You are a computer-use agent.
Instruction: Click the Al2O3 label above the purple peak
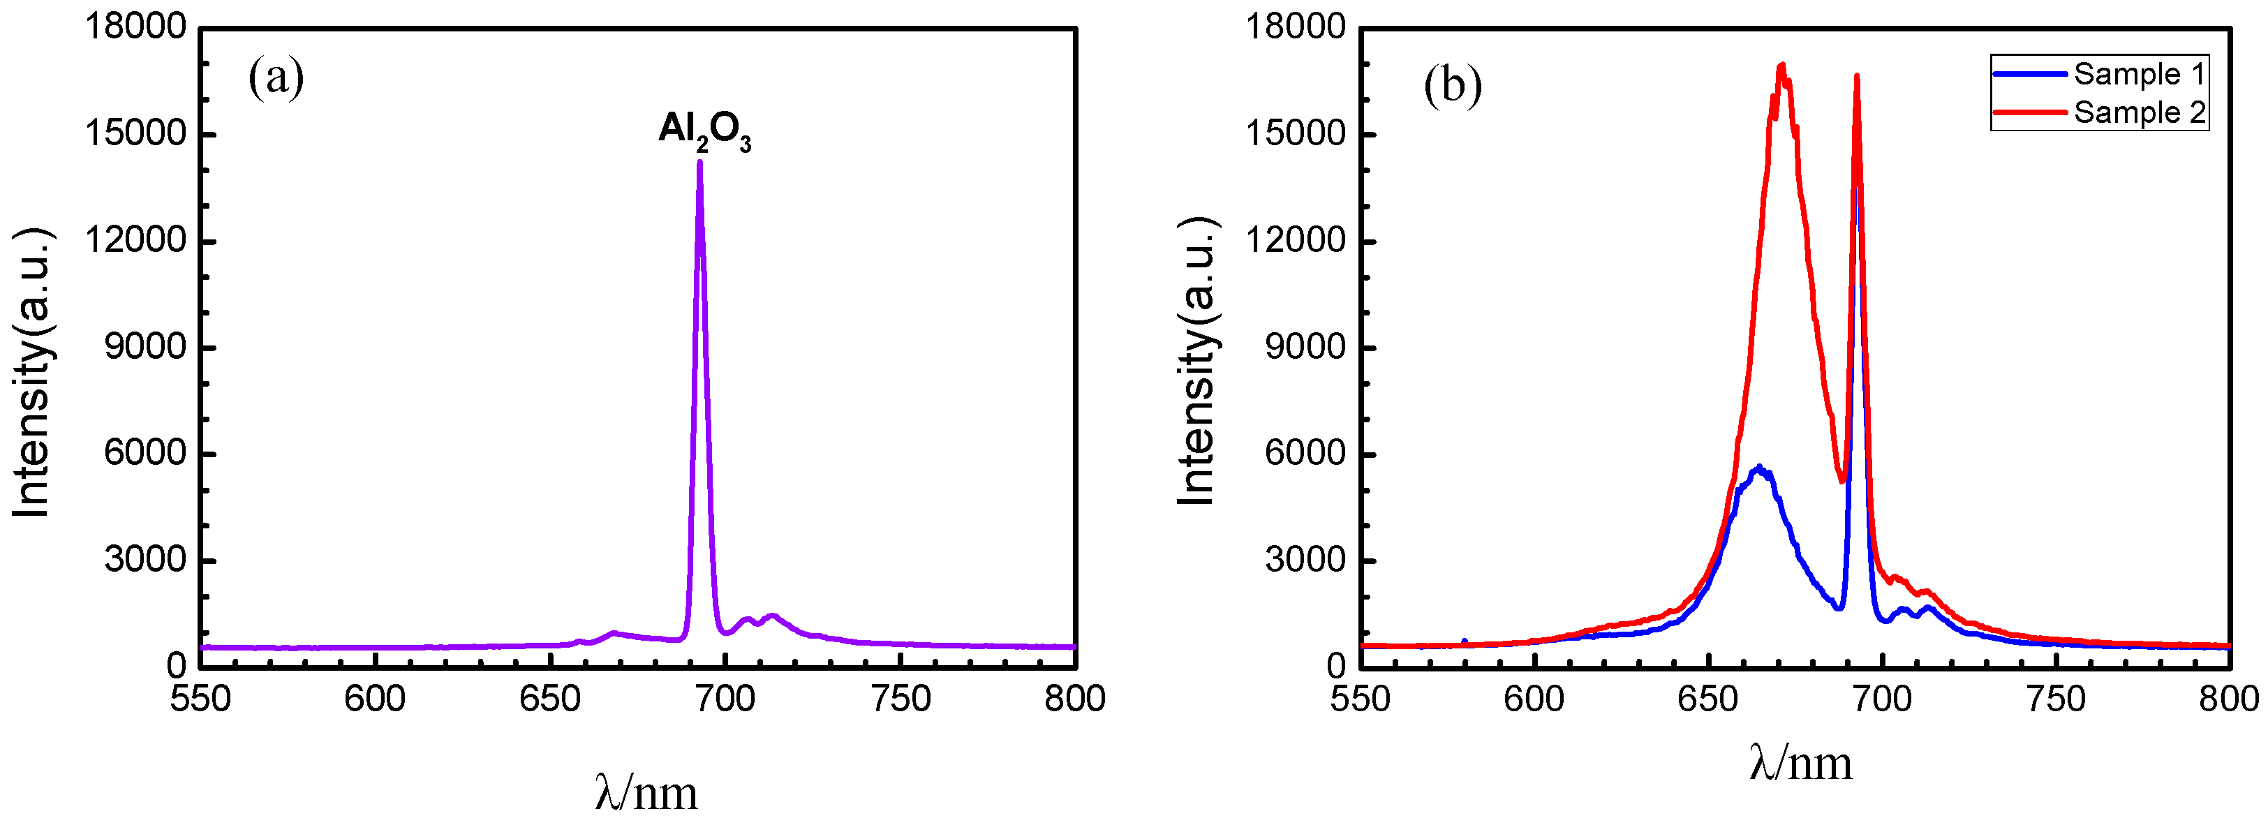[x=704, y=131]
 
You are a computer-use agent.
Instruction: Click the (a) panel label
[x=276, y=77]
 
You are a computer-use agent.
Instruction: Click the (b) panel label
[x=1452, y=85]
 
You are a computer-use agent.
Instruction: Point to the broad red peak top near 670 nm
[x=1782, y=66]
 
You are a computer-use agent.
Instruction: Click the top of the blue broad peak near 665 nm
[x=1759, y=468]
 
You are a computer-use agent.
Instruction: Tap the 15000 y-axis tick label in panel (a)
[x=135, y=134]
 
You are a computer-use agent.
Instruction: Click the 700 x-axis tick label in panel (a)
[x=725, y=699]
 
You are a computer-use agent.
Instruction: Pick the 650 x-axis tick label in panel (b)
[x=1707, y=699]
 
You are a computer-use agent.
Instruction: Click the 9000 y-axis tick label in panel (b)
[x=1305, y=348]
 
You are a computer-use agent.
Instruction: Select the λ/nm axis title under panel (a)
[x=646, y=792]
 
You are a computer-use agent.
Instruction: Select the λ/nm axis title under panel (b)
[x=1800, y=762]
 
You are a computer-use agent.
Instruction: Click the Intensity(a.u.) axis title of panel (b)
[x=1196, y=361]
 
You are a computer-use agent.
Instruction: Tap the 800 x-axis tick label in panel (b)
[x=2228, y=699]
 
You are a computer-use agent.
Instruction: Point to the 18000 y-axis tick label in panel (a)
[x=135, y=27]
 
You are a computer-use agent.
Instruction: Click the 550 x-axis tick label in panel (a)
[x=201, y=699]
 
